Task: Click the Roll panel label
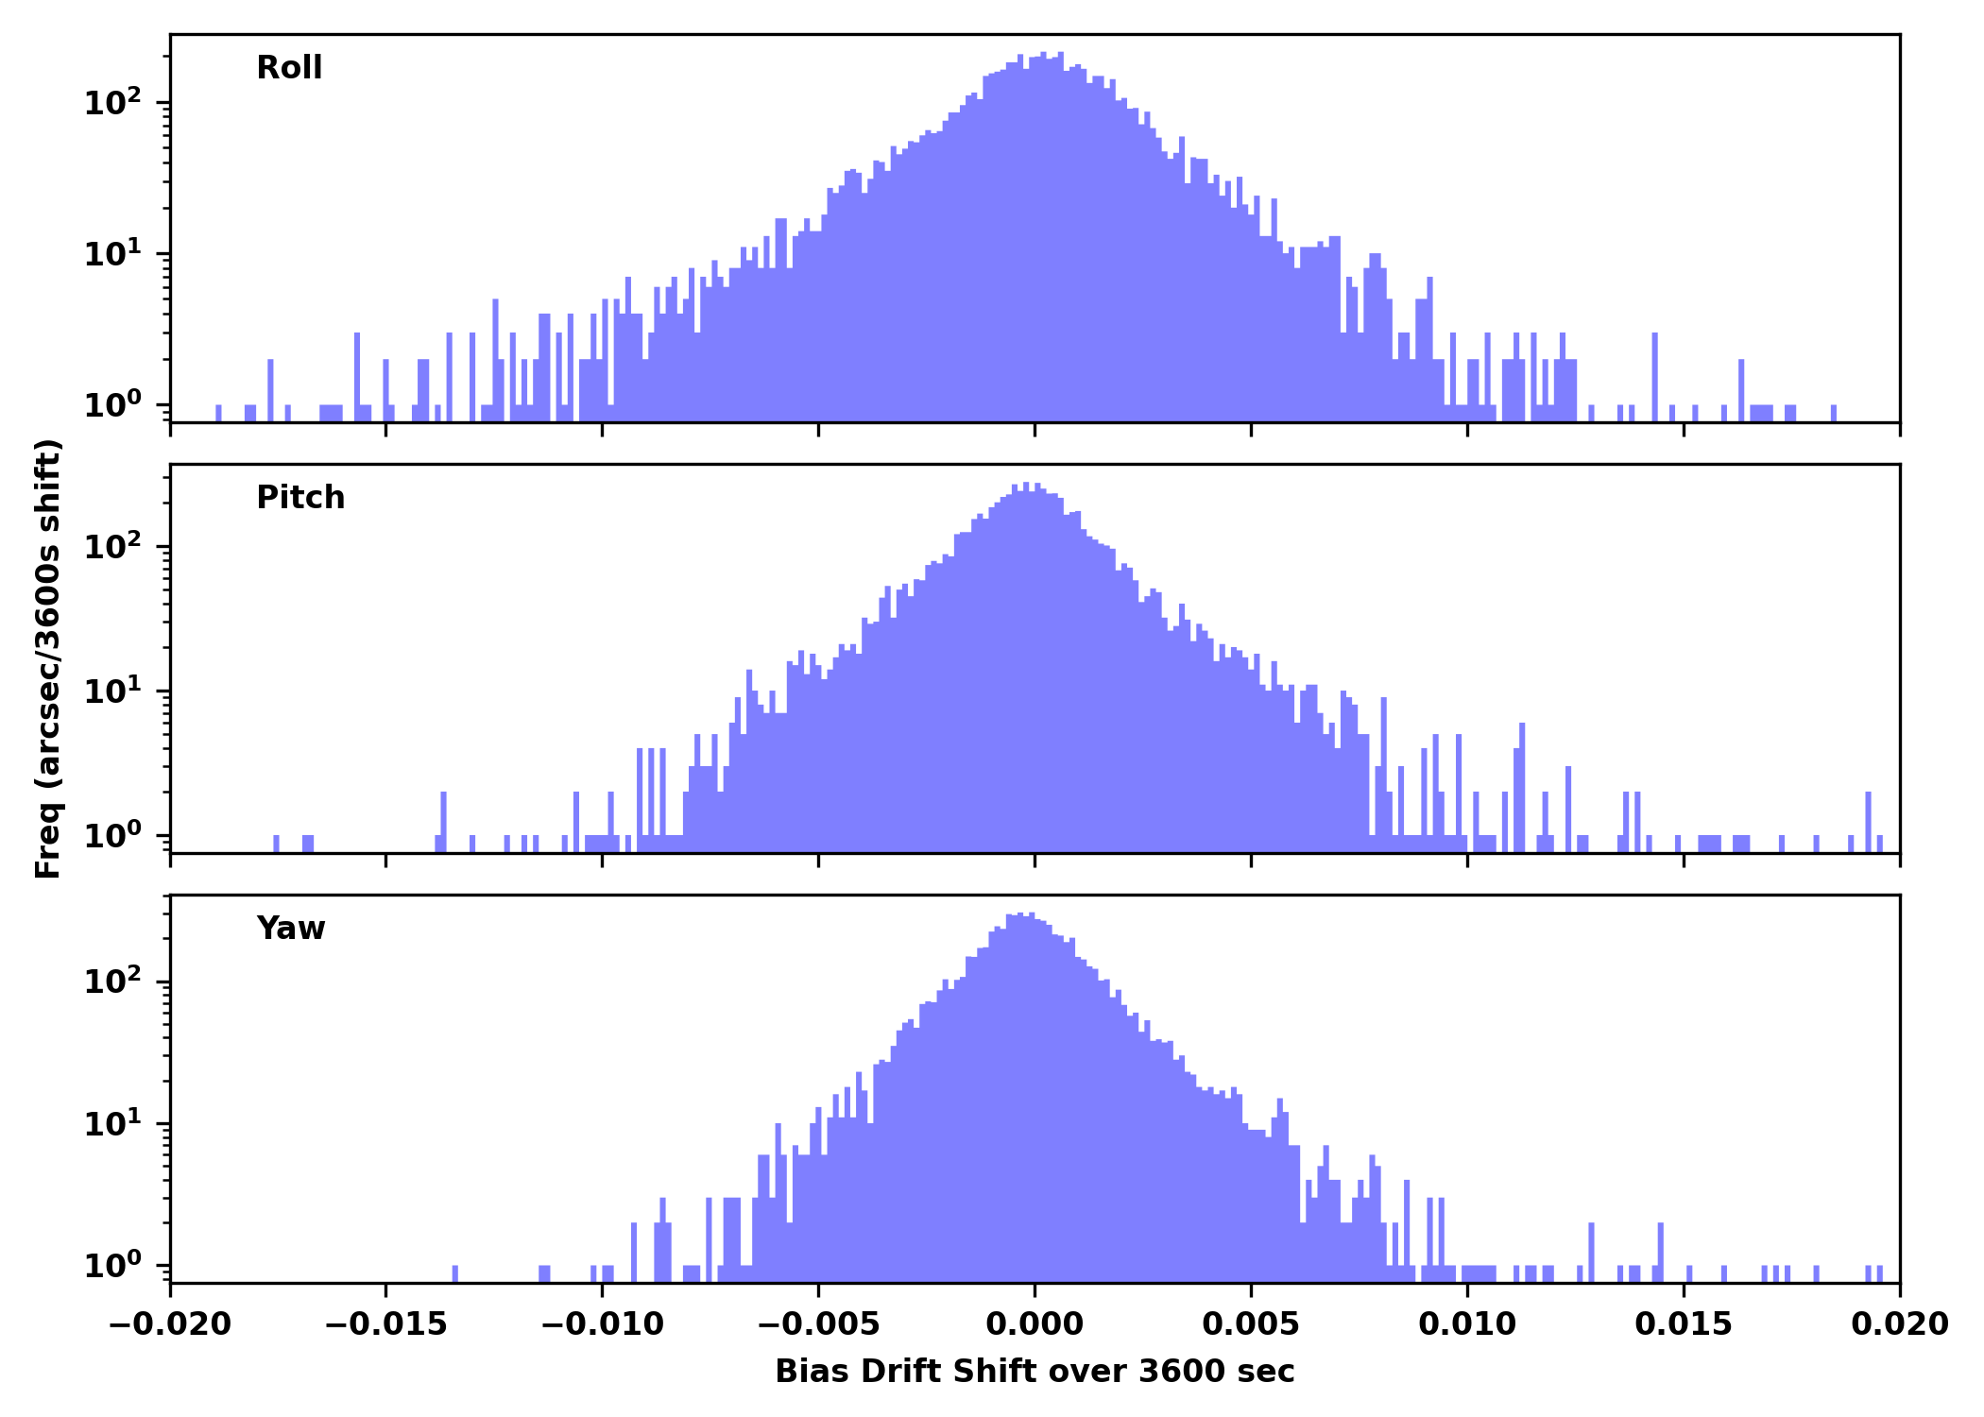click(x=289, y=68)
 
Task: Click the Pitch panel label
click(x=300, y=498)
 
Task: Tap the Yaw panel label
click(x=290, y=929)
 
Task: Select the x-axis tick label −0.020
click(x=170, y=1324)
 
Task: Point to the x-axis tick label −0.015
click(x=385, y=1324)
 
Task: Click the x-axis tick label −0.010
click(x=602, y=1324)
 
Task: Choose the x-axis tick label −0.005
click(x=818, y=1324)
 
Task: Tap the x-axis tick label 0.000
click(x=1035, y=1324)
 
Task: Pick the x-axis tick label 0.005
click(x=1251, y=1324)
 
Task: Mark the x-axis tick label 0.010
click(x=1467, y=1324)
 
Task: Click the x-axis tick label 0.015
click(x=1684, y=1324)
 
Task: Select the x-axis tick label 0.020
click(x=1899, y=1324)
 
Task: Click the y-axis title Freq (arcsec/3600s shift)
click(x=47, y=658)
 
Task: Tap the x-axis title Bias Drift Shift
click(x=1035, y=1372)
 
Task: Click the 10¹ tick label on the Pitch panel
click(x=113, y=691)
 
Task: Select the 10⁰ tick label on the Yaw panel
click(x=113, y=1265)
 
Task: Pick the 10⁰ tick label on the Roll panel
click(x=113, y=405)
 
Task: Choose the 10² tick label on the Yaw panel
click(x=113, y=981)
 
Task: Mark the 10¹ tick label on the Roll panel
click(x=113, y=253)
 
